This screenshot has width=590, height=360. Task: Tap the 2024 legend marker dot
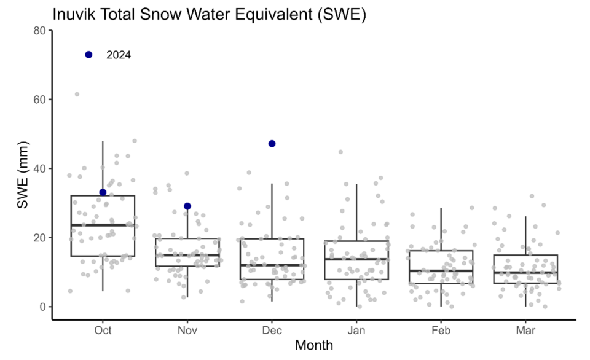coord(88,55)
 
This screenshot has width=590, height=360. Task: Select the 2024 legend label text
coord(119,55)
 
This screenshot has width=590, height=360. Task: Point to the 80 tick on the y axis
coord(40,30)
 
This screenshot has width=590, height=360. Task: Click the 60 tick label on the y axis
coord(40,100)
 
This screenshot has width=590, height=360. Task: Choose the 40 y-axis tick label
coord(40,168)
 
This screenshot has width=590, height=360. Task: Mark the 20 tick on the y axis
coord(40,238)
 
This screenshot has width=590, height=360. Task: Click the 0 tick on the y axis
coord(43,307)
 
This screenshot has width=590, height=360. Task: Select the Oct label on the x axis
coord(103,331)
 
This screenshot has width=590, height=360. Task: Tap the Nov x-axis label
coord(187,331)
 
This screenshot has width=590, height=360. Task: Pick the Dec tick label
coord(272,331)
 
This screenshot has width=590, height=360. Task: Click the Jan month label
coord(356,331)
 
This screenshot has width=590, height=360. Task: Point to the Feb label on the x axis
coord(441,331)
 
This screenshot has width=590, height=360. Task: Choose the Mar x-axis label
coord(525,331)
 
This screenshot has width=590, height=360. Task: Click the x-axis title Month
coord(314,346)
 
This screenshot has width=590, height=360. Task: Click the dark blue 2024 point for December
coord(272,144)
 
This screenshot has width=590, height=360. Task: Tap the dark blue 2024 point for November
coord(187,206)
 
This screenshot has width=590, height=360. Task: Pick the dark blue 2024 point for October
coord(103,192)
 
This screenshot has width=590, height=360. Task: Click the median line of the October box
coord(103,225)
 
